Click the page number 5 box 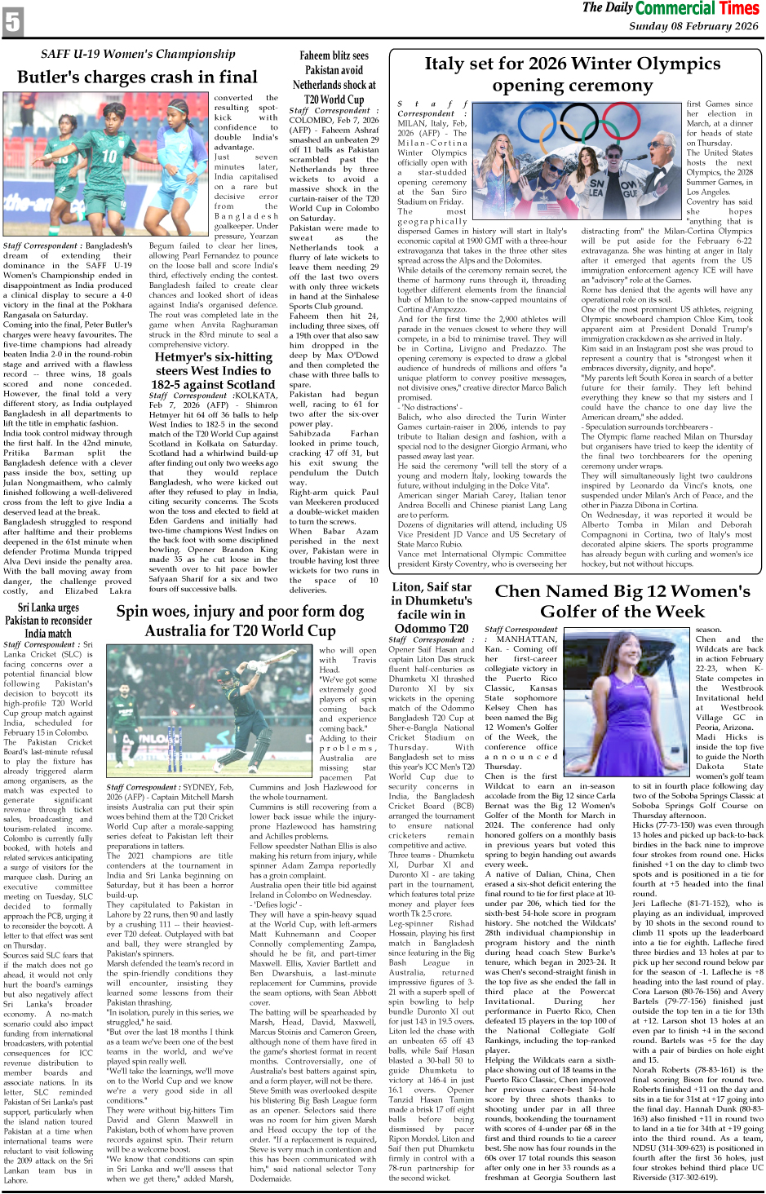pyautogui.click(x=13, y=21)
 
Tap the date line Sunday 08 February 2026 pyautogui.click(x=693, y=26)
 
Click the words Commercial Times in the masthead pyautogui.click(x=697, y=9)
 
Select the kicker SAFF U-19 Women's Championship pyautogui.click(x=138, y=54)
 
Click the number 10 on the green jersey pyautogui.click(x=110, y=155)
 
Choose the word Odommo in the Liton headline pyautogui.click(x=419, y=628)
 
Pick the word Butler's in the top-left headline pyautogui.click(x=51, y=77)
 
